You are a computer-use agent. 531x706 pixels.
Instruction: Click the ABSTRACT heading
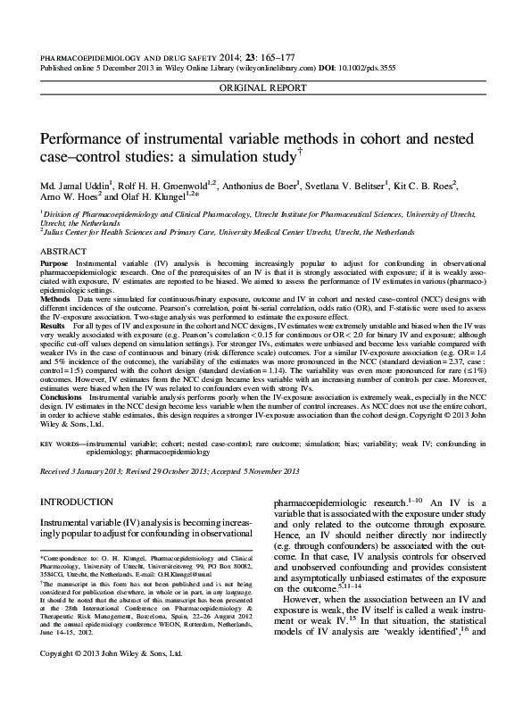(x=64, y=253)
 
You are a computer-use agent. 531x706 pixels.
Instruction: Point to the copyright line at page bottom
(x=112, y=678)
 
